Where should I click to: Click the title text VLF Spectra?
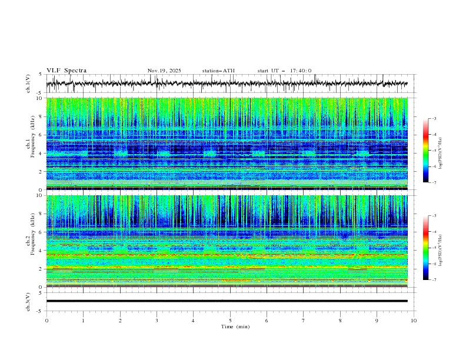[66, 71]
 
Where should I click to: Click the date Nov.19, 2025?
[164, 71]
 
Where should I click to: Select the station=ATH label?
[218, 71]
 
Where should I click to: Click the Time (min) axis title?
[230, 326]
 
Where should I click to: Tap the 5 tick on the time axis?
[230, 320]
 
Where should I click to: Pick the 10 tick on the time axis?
[414, 320]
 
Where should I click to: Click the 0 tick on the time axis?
[46, 320]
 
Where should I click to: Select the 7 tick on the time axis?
[304, 320]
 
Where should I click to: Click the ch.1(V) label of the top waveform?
[28, 84]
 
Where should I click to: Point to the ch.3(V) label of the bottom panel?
[28, 301]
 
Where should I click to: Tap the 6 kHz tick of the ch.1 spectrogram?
[40, 135]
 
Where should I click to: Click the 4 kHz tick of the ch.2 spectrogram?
[40, 250]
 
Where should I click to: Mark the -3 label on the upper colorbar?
[433, 119]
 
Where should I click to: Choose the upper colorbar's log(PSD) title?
[441, 151]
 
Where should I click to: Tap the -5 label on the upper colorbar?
[433, 151]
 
